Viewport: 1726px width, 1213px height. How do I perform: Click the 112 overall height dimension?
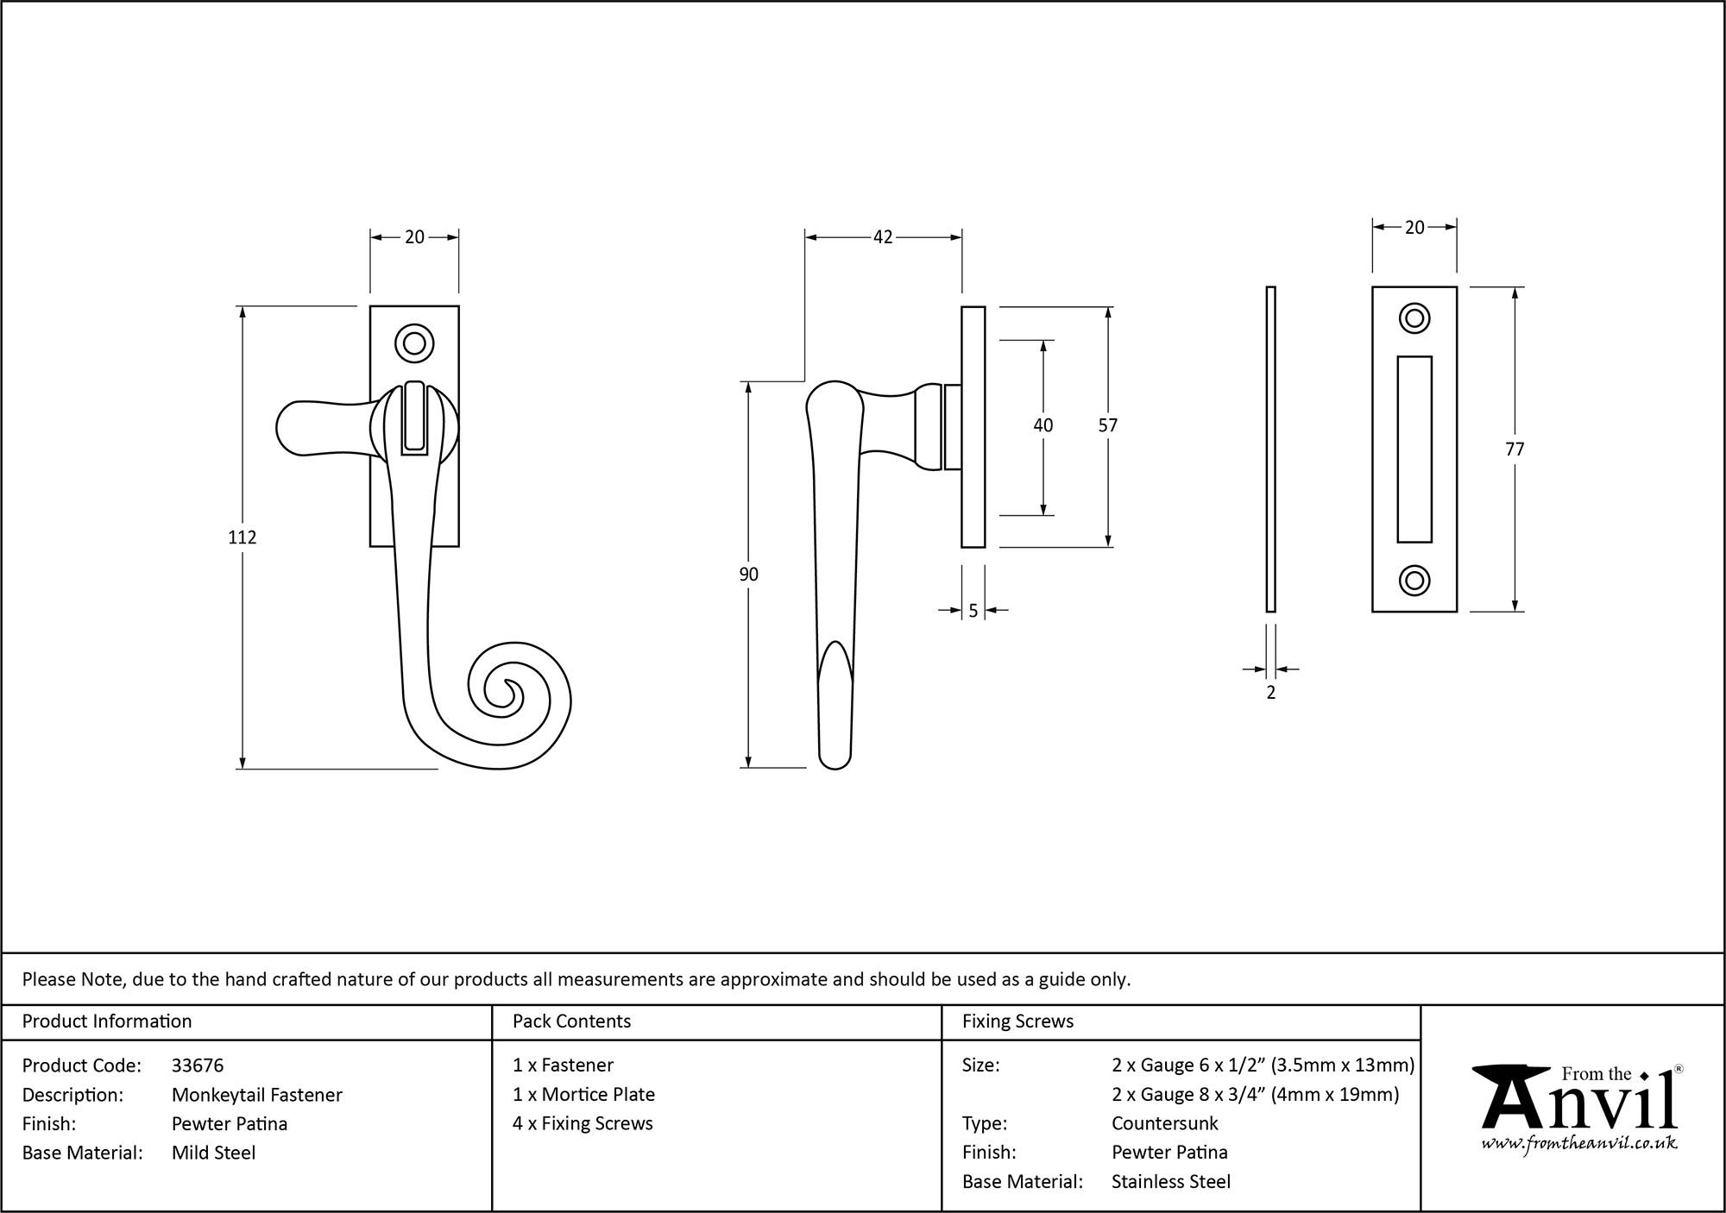click(x=243, y=537)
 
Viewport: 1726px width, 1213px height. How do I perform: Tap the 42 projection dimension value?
click(x=883, y=237)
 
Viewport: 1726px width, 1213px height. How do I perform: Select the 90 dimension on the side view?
click(x=748, y=575)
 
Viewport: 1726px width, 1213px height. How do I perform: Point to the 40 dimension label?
click(x=1043, y=425)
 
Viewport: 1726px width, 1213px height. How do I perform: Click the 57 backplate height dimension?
click(x=1107, y=425)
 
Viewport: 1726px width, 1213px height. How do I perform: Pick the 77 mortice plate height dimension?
click(x=1515, y=449)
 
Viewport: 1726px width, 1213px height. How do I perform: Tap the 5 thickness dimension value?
click(x=973, y=611)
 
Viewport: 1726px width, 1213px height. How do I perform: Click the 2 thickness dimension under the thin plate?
click(x=1270, y=692)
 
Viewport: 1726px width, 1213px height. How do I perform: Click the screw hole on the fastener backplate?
click(x=414, y=343)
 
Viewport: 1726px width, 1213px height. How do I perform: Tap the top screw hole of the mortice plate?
click(x=1414, y=318)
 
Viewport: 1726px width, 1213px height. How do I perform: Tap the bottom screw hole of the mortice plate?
click(x=1414, y=581)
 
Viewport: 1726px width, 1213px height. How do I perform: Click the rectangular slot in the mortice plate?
click(x=1414, y=449)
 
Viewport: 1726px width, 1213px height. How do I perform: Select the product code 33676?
click(x=198, y=1065)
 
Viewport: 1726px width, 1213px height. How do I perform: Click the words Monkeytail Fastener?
click(x=257, y=1095)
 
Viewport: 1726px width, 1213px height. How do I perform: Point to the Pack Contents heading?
click(x=571, y=1021)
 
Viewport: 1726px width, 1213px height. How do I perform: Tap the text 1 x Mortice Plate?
click(x=583, y=1095)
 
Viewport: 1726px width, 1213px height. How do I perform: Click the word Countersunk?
click(x=1164, y=1123)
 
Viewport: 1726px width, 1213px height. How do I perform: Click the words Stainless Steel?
click(x=1170, y=1182)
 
